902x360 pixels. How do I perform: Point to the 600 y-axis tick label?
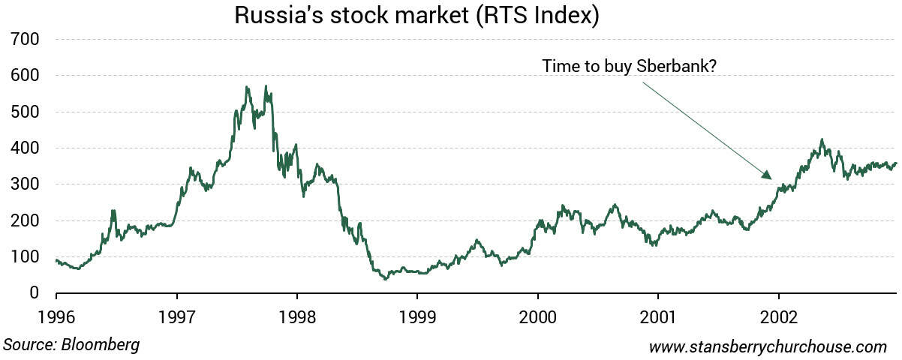point(24,76)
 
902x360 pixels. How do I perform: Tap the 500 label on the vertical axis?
point(24,112)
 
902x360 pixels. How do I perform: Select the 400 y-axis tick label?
point(24,148)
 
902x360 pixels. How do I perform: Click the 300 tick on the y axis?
point(24,184)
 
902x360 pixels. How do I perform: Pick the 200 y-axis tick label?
point(24,221)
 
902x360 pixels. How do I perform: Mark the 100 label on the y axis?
point(24,257)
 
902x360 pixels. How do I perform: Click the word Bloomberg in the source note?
point(101,345)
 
